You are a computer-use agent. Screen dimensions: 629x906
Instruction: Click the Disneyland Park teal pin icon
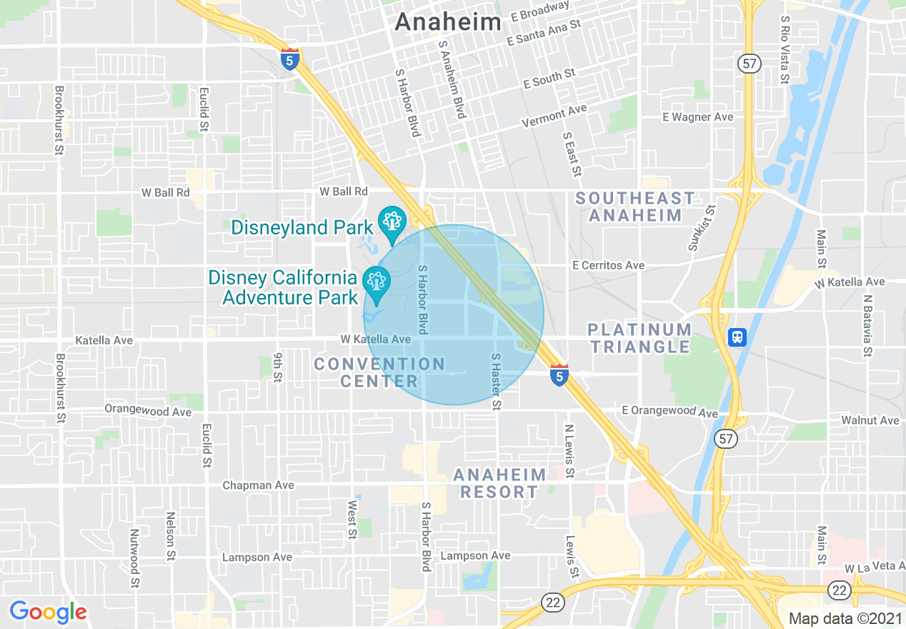391,222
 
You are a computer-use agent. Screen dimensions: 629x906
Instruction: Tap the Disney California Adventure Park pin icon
376,282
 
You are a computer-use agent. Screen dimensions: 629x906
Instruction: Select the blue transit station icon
737,337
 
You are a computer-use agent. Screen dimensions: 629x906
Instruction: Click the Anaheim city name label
448,22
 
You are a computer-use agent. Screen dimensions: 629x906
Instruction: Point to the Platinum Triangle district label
639,338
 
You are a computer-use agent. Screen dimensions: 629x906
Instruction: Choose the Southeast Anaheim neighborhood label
635,207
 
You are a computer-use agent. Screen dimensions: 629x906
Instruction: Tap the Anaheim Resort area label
499,483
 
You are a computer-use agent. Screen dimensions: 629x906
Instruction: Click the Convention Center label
379,372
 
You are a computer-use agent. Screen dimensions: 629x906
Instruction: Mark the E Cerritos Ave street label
608,265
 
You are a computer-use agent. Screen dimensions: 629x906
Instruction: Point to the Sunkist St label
702,228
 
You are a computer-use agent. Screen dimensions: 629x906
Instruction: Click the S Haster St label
494,382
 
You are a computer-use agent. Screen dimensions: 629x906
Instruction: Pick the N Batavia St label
867,325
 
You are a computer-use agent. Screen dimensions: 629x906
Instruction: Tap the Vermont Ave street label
554,116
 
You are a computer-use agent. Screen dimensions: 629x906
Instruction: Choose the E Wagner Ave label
697,117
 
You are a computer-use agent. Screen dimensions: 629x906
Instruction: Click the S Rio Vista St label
785,50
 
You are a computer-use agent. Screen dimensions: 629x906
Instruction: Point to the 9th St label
279,366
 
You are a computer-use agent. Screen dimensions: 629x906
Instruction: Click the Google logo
48,612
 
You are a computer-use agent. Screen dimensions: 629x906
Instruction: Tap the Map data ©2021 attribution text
845,618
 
